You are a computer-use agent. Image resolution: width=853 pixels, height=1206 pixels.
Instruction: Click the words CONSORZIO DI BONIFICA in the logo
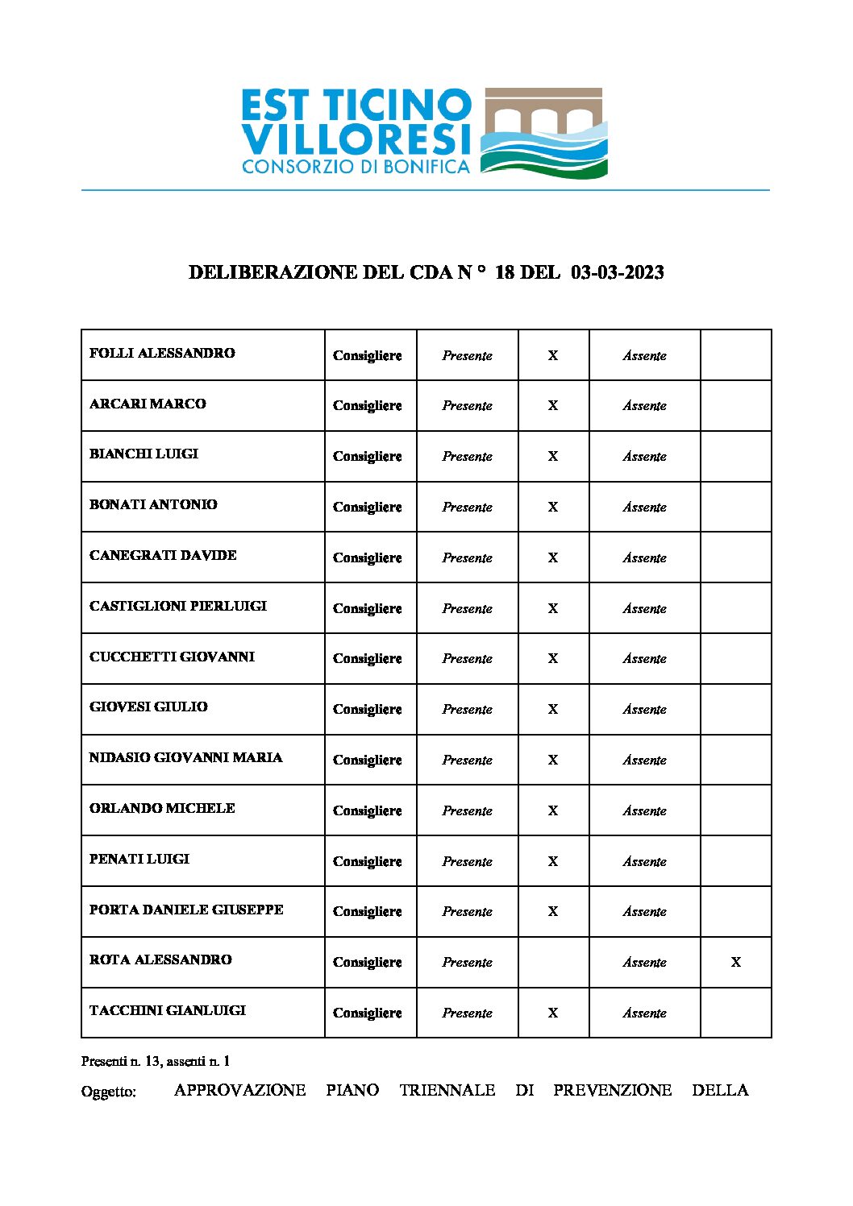pos(356,167)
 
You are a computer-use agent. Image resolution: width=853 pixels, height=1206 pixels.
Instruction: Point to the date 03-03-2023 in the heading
pos(617,272)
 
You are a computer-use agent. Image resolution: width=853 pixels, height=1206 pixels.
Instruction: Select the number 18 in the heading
pos(505,272)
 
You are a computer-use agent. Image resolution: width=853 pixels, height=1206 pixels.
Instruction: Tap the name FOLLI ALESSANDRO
pos(162,353)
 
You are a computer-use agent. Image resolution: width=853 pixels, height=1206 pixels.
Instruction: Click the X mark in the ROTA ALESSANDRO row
pos(735,962)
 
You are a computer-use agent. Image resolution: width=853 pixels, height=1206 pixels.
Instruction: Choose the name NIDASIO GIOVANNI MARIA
pos(185,757)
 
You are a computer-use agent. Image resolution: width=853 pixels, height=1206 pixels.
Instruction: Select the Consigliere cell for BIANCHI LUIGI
pos(367,456)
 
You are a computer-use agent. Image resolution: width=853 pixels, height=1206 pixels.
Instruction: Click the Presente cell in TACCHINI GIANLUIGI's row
pos(467,1013)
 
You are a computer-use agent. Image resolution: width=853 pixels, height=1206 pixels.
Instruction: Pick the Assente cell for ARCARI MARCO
pos(644,406)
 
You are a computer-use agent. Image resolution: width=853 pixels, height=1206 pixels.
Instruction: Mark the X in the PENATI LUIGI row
pos(553,861)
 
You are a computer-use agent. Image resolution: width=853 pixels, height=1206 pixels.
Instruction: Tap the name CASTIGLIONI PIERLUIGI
pos(177,606)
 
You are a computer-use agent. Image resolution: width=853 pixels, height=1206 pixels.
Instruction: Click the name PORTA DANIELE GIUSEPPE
pos(186,910)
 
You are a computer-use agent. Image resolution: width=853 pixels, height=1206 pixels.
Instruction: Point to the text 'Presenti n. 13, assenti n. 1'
pos(156,1061)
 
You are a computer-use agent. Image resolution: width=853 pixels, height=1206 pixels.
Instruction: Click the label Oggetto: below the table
pos(109,1092)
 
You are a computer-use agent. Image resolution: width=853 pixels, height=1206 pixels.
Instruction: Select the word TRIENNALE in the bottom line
pos(447,1090)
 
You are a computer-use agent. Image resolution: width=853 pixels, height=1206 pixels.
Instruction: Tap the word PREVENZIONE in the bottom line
pos(612,1090)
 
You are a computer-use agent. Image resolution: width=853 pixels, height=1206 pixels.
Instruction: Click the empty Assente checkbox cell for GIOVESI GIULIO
pos(735,709)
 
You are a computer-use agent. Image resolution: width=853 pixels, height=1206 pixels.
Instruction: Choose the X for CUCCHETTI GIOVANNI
pos(553,658)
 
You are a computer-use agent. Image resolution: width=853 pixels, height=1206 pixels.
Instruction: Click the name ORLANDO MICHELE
pos(162,808)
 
